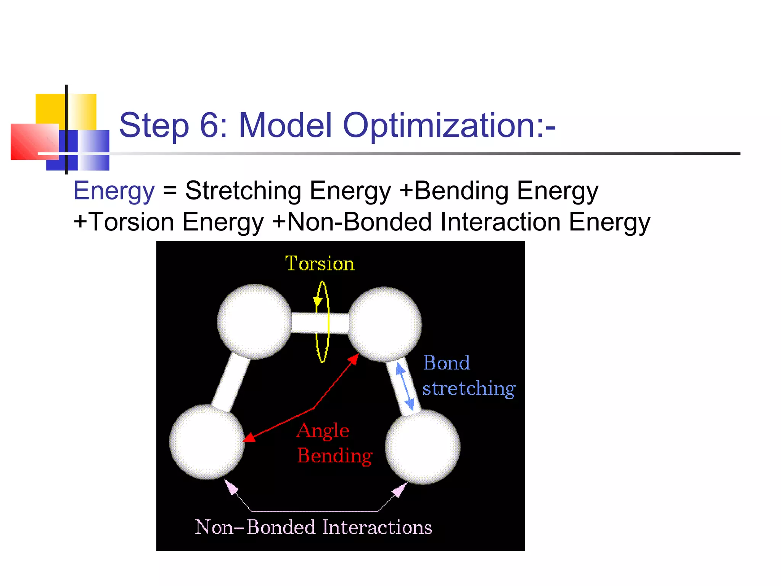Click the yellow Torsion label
coord(320,264)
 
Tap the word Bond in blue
coord(447,363)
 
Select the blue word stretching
coord(469,389)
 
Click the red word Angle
coord(323,431)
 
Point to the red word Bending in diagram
coord(335,456)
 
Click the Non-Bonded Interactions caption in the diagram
coord(313,527)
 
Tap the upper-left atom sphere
coord(254,321)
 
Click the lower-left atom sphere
coord(207,442)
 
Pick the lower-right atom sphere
coord(423,447)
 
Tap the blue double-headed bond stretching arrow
coord(405,386)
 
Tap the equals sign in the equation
coord(170,191)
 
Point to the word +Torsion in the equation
coord(124,222)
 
